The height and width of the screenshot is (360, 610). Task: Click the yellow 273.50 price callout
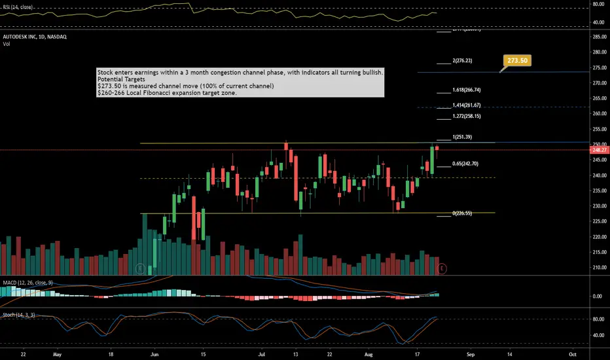517,60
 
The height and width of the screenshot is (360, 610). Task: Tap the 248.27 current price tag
600,150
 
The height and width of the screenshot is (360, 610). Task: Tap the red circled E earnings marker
443,268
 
